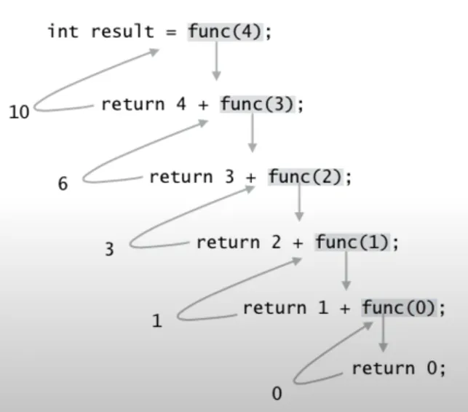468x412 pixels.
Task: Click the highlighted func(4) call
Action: click(x=224, y=33)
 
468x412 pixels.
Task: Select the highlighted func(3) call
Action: click(x=256, y=104)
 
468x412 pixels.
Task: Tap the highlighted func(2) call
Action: click(x=304, y=176)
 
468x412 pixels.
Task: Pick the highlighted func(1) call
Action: click(x=352, y=242)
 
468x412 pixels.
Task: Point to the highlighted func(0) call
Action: click(x=399, y=308)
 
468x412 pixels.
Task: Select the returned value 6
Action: click(x=63, y=183)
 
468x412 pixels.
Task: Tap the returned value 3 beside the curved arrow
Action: click(x=109, y=249)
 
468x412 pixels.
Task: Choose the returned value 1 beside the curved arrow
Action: click(x=156, y=320)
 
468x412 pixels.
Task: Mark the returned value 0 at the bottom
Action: click(x=277, y=394)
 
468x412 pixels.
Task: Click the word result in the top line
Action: click(x=122, y=33)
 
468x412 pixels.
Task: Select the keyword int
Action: click(x=63, y=33)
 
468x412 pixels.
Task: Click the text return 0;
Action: click(x=398, y=368)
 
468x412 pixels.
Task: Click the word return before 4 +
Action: click(x=133, y=104)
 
